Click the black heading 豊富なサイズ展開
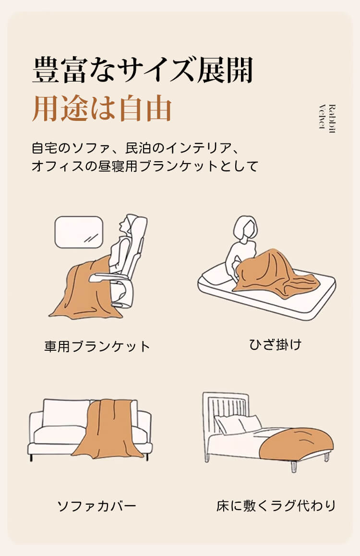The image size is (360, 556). [x=143, y=70]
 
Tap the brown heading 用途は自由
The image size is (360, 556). [x=102, y=108]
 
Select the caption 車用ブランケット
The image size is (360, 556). [x=97, y=346]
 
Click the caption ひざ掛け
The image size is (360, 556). [x=275, y=344]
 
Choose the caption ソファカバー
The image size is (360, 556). [x=97, y=506]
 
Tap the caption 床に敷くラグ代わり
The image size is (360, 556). [x=276, y=506]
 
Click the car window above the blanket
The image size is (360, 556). [x=79, y=232]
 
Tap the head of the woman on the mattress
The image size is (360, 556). [x=245, y=229]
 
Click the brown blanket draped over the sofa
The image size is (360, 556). [x=109, y=428]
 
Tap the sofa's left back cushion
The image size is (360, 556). [x=66, y=413]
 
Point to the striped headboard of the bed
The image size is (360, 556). [x=226, y=413]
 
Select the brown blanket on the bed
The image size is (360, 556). [x=296, y=444]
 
